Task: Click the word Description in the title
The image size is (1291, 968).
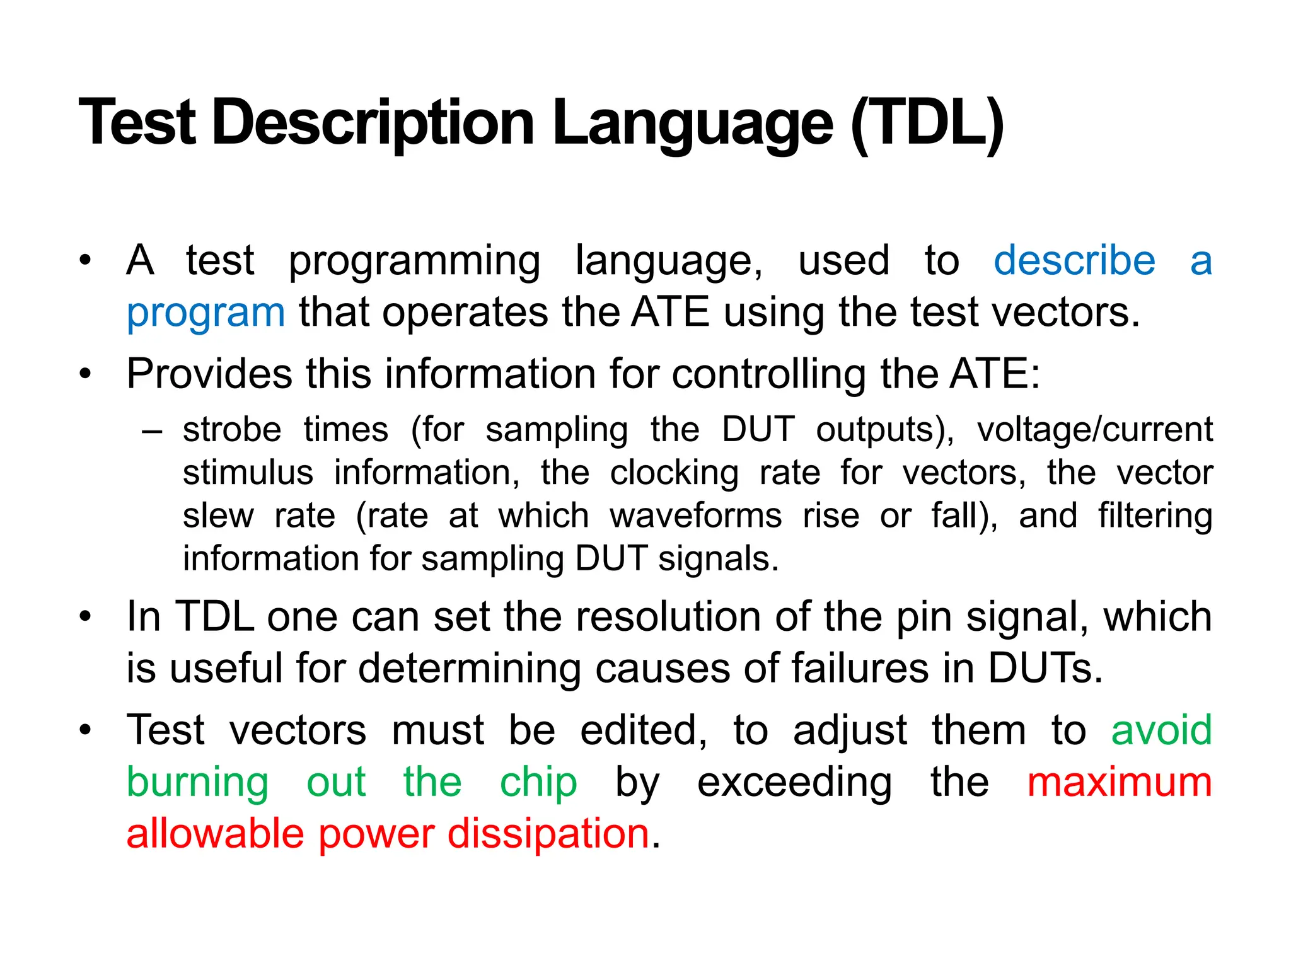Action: click(374, 123)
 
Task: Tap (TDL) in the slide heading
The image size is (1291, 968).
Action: click(927, 123)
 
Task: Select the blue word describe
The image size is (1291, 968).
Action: click(1074, 260)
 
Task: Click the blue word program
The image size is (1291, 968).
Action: click(206, 313)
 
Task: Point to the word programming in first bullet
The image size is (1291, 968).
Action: click(414, 261)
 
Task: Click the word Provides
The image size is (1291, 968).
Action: click(209, 374)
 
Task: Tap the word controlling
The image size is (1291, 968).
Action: click(770, 374)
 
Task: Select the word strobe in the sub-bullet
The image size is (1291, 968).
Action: click(232, 430)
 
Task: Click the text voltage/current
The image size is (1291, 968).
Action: click(1094, 430)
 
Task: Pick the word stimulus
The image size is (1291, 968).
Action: click(248, 473)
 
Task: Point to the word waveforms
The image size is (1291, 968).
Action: click(696, 516)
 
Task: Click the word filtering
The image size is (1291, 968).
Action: click(1155, 516)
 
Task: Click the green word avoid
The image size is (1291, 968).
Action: click(1161, 730)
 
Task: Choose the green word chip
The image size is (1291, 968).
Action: click(538, 782)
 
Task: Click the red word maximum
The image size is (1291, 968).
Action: click(1120, 782)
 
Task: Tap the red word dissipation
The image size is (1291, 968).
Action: click(548, 834)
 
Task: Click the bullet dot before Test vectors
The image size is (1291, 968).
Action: click(86, 730)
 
